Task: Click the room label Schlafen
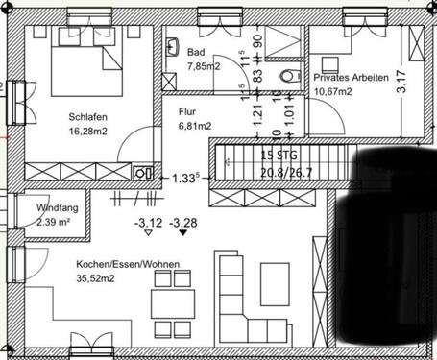[86, 117]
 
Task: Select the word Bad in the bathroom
[196, 53]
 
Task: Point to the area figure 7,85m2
[205, 66]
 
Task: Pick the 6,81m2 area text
[196, 125]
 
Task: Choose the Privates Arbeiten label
[351, 78]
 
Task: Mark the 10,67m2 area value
[333, 91]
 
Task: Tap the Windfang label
[58, 208]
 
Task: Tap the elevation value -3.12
[148, 224]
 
